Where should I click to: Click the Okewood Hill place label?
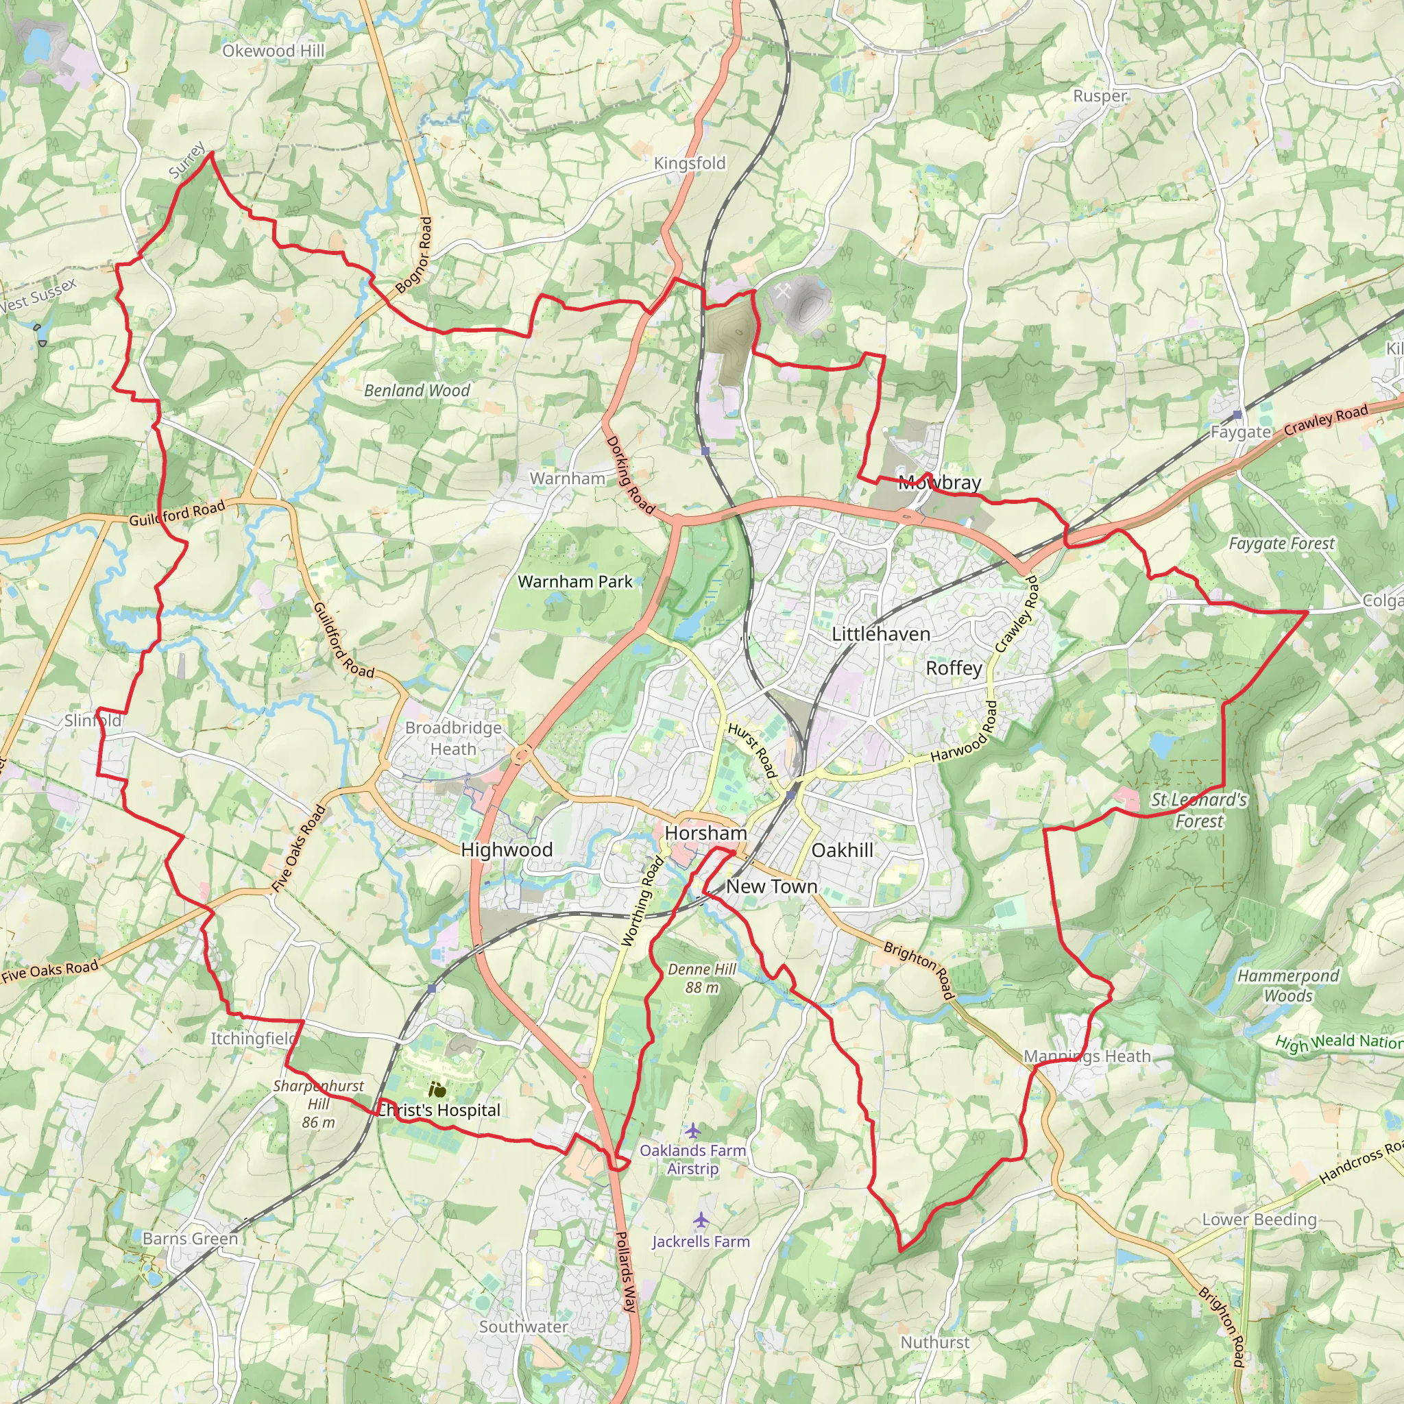point(274,51)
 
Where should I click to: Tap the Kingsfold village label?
point(690,164)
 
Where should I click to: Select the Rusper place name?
point(1100,96)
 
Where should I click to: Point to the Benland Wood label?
point(417,390)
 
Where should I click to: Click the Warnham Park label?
point(574,581)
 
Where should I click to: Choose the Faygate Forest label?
point(1281,544)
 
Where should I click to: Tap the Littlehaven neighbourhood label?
point(881,634)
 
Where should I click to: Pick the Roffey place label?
point(954,668)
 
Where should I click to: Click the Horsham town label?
point(705,833)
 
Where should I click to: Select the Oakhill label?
point(843,850)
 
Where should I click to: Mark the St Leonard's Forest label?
point(1199,810)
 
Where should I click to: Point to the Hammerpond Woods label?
point(1287,985)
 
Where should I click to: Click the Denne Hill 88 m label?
point(702,978)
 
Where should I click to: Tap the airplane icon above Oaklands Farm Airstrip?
point(692,1130)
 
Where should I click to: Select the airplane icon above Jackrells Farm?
point(701,1220)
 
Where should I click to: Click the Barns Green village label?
point(191,1238)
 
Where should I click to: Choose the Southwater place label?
point(523,1327)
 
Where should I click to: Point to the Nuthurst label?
point(934,1342)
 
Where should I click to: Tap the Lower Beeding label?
point(1259,1220)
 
